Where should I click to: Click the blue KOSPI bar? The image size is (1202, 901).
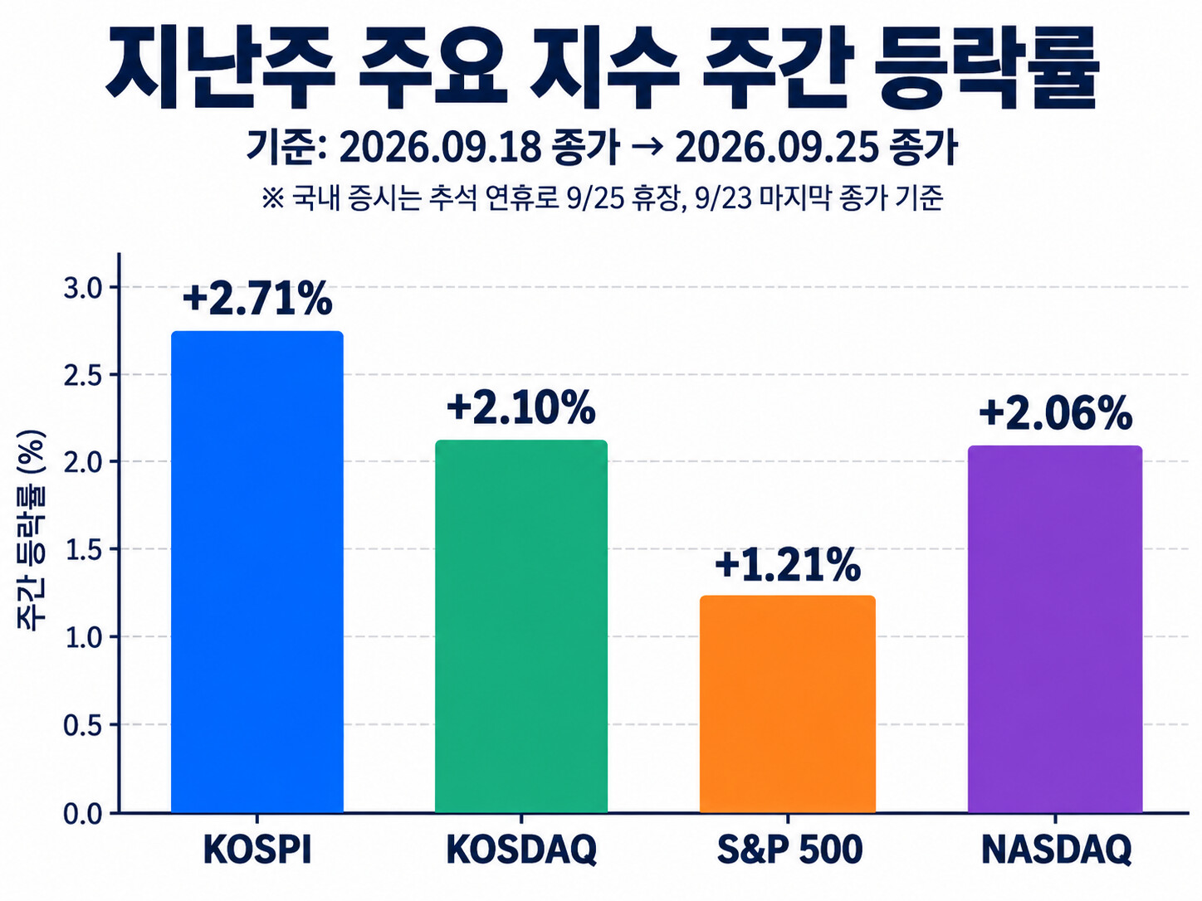click(x=257, y=572)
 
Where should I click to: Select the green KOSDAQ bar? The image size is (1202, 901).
click(x=520, y=626)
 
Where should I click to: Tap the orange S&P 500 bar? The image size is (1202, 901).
click(x=787, y=704)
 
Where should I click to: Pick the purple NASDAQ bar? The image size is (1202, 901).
click(x=1055, y=629)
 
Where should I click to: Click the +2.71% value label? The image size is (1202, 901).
click(x=257, y=298)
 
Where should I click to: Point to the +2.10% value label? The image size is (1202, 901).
click(x=520, y=407)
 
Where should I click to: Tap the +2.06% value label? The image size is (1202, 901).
click(x=1055, y=412)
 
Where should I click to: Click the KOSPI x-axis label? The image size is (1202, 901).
click(x=257, y=850)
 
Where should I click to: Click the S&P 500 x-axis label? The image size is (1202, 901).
click(x=789, y=850)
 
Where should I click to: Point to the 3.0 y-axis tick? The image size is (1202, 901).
click(x=83, y=288)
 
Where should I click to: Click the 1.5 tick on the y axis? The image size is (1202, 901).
click(x=83, y=550)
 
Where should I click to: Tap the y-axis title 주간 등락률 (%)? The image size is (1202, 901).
click(x=32, y=531)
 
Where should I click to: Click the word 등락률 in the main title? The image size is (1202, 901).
click(x=985, y=68)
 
